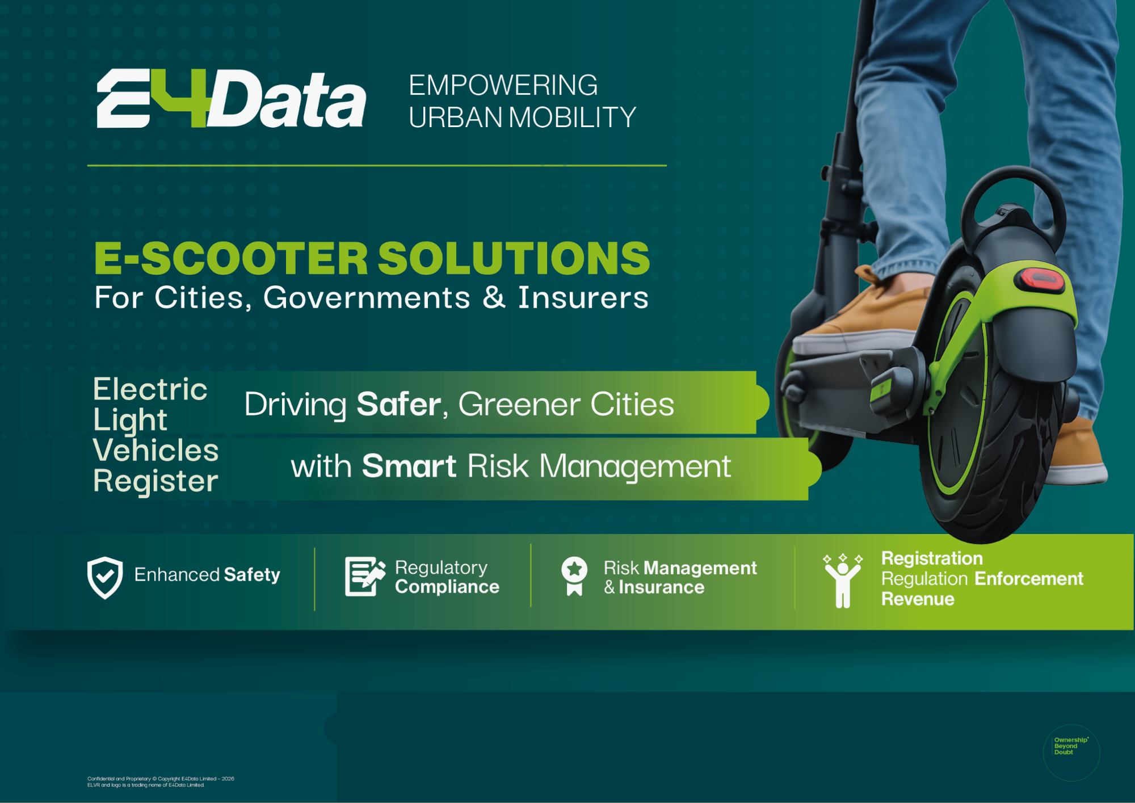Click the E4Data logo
pyautogui.click(x=232, y=99)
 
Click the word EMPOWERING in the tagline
pyautogui.click(x=503, y=85)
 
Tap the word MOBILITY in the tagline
pyautogui.click(x=572, y=117)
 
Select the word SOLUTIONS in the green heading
pyautogui.click(x=514, y=258)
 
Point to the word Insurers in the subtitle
pyautogui.click(x=583, y=297)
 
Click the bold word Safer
pyautogui.click(x=398, y=404)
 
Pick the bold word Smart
pyautogui.click(x=409, y=466)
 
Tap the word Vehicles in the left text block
pyautogui.click(x=155, y=450)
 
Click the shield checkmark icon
pyautogui.click(x=105, y=578)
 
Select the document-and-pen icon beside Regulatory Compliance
pyautogui.click(x=365, y=576)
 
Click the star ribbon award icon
pyautogui.click(x=574, y=575)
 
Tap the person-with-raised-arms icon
pyautogui.click(x=843, y=581)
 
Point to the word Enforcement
pyautogui.click(x=1028, y=579)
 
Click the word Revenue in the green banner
pyautogui.click(x=918, y=599)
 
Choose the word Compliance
pyautogui.click(x=447, y=587)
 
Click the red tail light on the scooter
pyautogui.click(x=1040, y=279)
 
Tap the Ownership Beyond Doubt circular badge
pyautogui.click(x=1071, y=752)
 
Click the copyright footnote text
pyautogui.click(x=161, y=782)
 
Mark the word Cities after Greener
pyautogui.click(x=632, y=404)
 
